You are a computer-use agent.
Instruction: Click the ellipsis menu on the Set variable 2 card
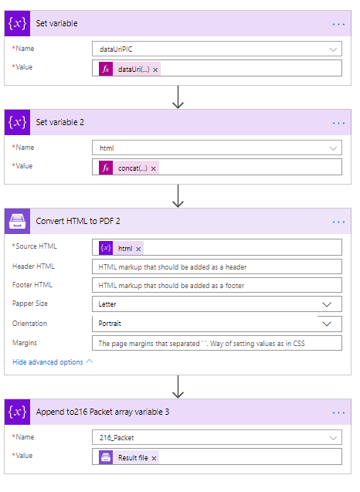pyautogui.click(x=338, y=123)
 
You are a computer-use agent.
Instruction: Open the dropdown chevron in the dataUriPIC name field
pyautogui.click(x=333, y=49)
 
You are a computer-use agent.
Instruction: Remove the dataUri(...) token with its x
pyautogui.click(x=155, y=70)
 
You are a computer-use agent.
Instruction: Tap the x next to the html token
pyautogui.click(x=138, y=249)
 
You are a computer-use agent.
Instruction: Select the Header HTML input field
pyautogui.click(x=217, y=266)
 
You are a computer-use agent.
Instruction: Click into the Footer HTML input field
pyautogui.click(x=217, y=285)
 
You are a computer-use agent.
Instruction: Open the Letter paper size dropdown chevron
pyautogui.click(x=327, y=304)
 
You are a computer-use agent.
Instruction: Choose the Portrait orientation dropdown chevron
pyautogui.click(x=327, y=324)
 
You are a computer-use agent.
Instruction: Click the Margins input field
pyautogui.click(x=217, y=343)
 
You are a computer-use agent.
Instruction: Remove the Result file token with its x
pyautogui.click(x=154, y=459)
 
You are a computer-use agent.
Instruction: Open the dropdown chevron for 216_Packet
pyautogui.click(x=333, y=438)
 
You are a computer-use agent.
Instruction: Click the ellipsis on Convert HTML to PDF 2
pyautogui.click(x=338, y=222)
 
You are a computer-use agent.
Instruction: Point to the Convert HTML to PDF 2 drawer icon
pyautogui.click(x=17, y=221)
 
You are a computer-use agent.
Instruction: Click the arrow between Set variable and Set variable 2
pyautogui.click(x=178, y=97)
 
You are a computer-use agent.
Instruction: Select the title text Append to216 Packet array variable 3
pyautogui.click(x=103, y=412)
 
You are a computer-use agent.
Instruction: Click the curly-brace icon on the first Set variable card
pyautogui.click(x=17, y=23)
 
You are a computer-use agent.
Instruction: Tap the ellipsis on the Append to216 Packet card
pyautogui.click(x=338, y=412)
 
